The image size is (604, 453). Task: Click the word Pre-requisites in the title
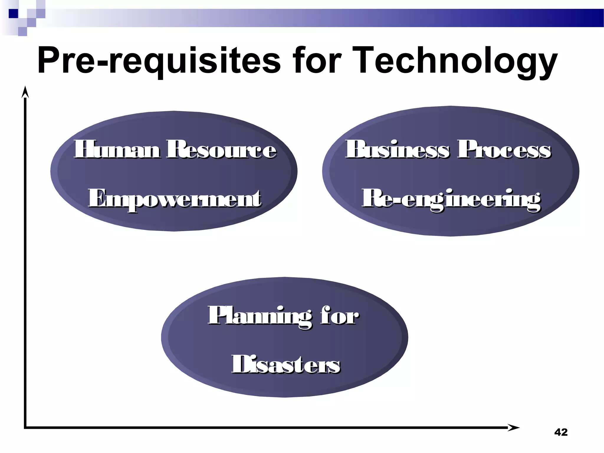[x=159, y=61]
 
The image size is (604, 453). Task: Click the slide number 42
[x=561, y=432]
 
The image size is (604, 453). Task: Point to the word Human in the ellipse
[x=117, y=150]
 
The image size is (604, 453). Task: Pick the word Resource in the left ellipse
[x=221, y=150]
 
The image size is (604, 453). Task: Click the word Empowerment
[x=175, y=199]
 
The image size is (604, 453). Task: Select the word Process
[x=504, y=150]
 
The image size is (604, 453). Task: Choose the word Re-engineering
[x=451, y=199]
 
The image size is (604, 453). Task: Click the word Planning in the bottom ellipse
[x=260, y=316]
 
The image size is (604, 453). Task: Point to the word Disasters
[x=286, y=365]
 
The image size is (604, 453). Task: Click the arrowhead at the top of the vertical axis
[x=25, y=92]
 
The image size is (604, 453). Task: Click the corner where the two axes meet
[x=25, y=427]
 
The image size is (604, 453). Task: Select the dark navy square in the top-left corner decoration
[x=13, y=14]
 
